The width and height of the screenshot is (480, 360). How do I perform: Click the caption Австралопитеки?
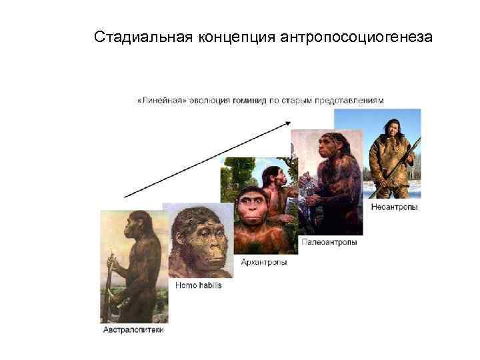[133, 330]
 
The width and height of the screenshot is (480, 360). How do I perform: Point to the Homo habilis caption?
[198, 285]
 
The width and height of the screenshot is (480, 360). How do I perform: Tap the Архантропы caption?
[264, 262]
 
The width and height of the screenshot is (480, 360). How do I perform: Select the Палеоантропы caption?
[329, 242]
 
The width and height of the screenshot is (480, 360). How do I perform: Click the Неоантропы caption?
[395, 207]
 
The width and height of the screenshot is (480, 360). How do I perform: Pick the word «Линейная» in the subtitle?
[159, 100]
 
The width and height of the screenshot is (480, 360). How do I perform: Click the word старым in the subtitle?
[299, 100]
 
